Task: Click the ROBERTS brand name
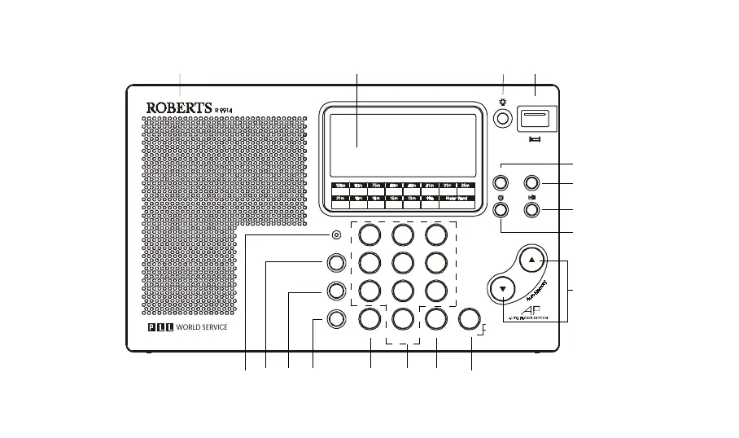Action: [179, 107]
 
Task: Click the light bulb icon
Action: [504, 103]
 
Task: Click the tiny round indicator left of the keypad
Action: [336, 235]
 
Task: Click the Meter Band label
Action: [457, 197]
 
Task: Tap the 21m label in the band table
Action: [340, 197]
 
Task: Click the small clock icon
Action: [500, 196]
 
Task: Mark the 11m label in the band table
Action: [430, 197]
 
